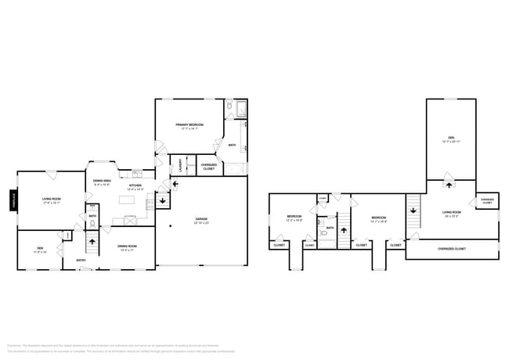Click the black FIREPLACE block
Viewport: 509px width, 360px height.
pyautogui.click(x=13, y=201)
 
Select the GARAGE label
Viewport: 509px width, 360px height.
pyautogui.click(x=200, y=219)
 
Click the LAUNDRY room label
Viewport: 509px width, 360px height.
pyautogui.click(x=181, y=165)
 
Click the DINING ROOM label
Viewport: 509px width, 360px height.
pyautogui.click(x=127, y=248)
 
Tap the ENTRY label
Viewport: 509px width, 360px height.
pyautogui.click(x=81, y=260)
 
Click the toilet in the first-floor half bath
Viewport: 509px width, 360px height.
pyautogui.click(x=92, y=223)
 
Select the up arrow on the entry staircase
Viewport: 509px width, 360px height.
pyautogui.click(x=92, y=242)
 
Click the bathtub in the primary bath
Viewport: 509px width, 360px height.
pyautogui.click(x=236, y=168)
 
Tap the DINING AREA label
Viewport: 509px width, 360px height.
pyautogui.click(x=103, y=182)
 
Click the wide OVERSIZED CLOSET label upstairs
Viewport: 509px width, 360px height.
pyautogui.click(x=452, y=249)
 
